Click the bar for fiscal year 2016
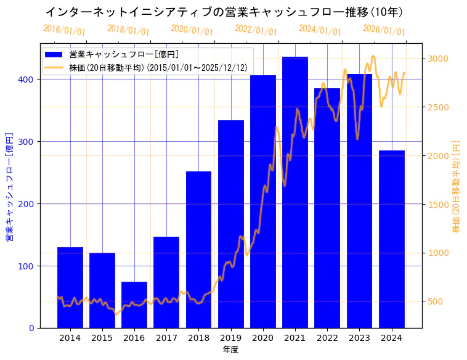tap(134, 305)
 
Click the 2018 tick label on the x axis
tap(198, 338)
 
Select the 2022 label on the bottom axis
tap(327, 338)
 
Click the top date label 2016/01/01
tap(65, 30)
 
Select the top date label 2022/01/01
tap(256, 30)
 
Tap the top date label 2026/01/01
tap(384, 30)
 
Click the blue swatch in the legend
tap(54, 54)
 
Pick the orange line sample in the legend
tap(54, 67)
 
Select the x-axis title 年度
tap(231, 350)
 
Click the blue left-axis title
tap(10, 186)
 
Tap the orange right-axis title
tap(457, 186)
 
